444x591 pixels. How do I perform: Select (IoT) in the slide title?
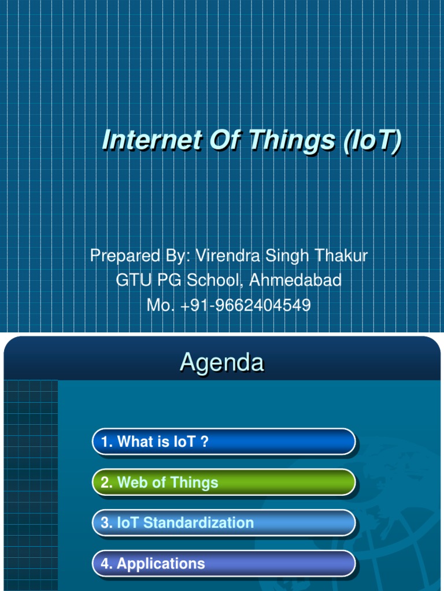(371, 141)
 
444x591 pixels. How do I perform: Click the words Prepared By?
(139, 256)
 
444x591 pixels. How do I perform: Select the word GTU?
(132, 280)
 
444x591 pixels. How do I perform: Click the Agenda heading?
(221, 362)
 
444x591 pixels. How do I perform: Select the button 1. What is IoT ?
(223, 442)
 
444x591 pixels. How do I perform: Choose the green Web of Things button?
(223, 482)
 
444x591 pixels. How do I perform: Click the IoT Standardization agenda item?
(223, 523)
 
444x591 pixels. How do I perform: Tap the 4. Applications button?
(223, 563)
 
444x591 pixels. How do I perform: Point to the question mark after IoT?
(204, 442)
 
